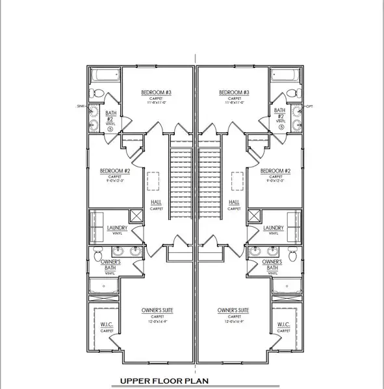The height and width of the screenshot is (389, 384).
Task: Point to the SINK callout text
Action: click(x=81, y=105)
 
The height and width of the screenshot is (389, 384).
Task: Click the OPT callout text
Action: click(x=309, y=105)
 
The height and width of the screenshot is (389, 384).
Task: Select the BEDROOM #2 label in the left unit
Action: click(x=116, y=171)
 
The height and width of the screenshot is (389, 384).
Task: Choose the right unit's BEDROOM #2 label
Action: click(x=274, y=171)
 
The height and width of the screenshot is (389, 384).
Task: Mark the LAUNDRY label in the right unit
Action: click(x=274, y=228)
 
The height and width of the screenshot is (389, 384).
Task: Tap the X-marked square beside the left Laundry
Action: click(x=138, y=217)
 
